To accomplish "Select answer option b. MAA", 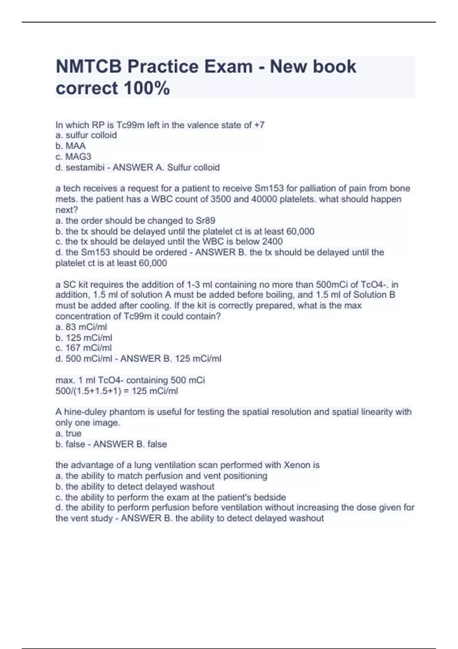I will [71, 146].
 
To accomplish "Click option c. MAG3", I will [73, 157].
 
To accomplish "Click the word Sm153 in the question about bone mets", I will [269, 189].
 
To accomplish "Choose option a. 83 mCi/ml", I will [81, 327].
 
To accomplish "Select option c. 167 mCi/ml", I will [84, 348].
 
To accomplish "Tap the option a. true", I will [68, 433].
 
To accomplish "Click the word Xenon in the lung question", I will [297, 465].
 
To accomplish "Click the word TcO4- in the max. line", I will [111, 380].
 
